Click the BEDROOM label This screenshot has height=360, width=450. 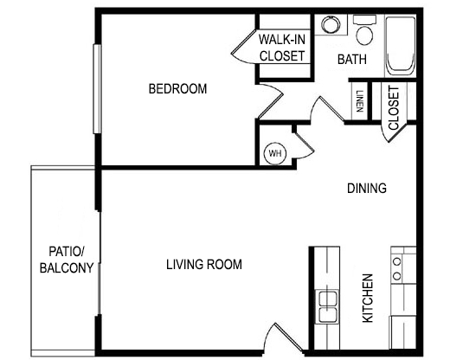click(x=177, y=89)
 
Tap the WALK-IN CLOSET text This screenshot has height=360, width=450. click(x=281, y=48)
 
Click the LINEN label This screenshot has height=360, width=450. click(x=358, y=102)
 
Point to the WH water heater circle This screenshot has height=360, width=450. click(x=276, y=153)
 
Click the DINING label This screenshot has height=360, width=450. click(x=366, y=189)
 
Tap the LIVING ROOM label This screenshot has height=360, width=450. click(x=203, y=264)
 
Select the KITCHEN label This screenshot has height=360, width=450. click(x=368, y=299)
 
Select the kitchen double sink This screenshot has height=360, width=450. click(x=328, y=304)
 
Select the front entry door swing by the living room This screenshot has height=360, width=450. click(x=277, y=337)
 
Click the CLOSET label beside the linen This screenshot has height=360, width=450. click(x=395, y=109)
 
